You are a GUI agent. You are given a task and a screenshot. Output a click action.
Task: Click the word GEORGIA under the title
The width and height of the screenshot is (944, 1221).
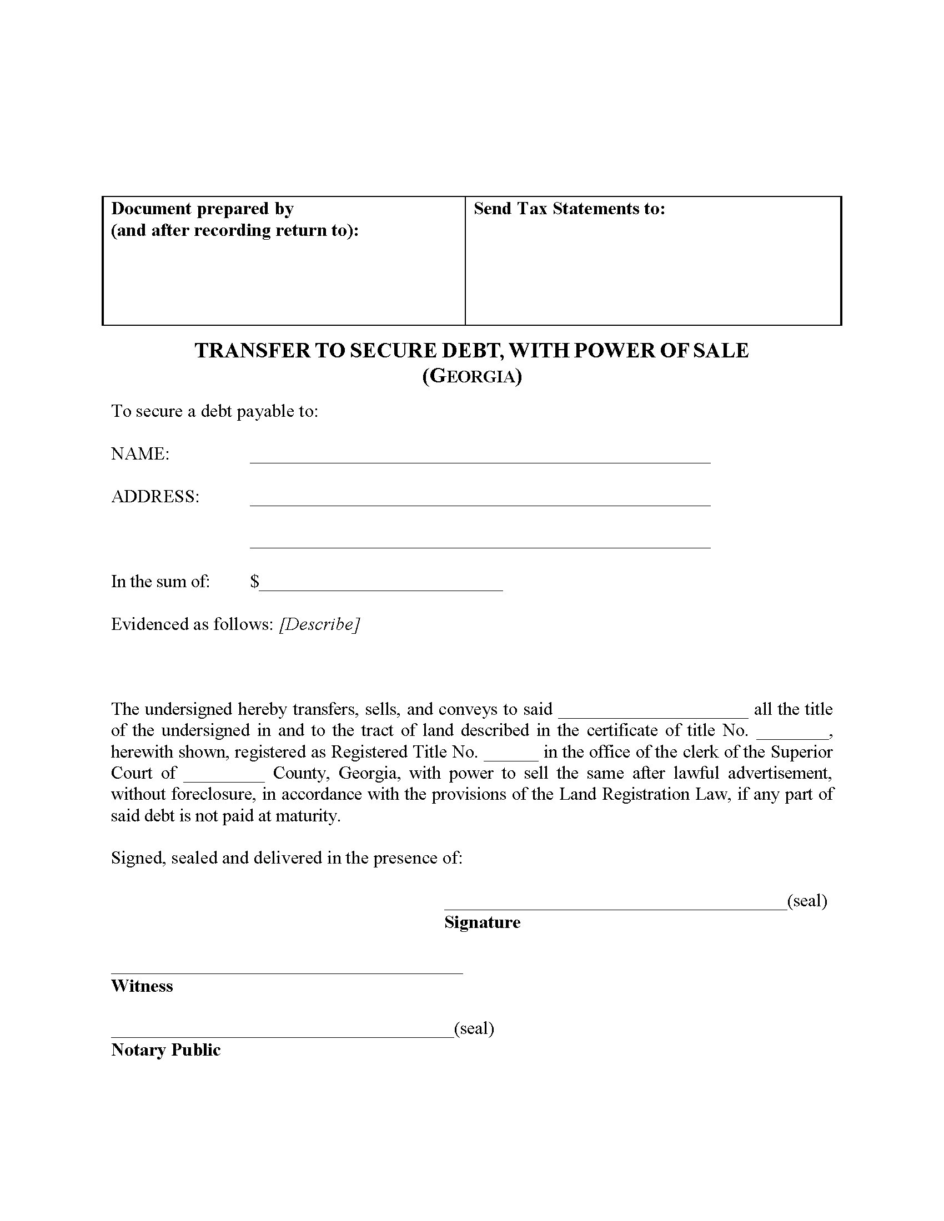coord(472,376)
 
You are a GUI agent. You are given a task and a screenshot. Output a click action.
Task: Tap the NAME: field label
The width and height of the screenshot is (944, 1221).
coord(140,453)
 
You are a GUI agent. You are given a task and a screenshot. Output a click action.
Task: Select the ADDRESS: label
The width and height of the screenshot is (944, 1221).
coord(155,497)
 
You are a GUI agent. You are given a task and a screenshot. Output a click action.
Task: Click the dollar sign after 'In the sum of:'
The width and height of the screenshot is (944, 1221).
coord(254,582)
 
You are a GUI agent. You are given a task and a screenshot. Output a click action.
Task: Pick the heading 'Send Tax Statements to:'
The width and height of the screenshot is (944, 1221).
coord(569,209)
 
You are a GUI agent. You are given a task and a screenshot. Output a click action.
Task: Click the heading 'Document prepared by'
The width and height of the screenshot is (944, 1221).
coord(202,209)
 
